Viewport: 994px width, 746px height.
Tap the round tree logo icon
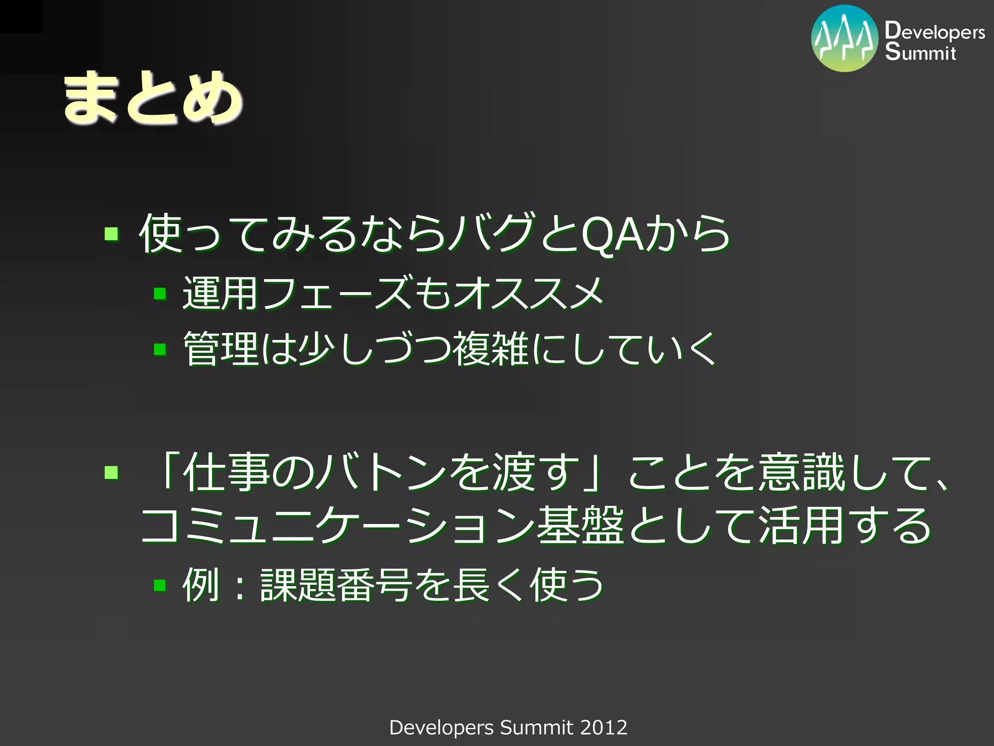click(845, 39)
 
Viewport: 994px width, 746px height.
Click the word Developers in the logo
click(935, 31)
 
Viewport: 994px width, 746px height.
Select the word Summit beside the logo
click(920, 51)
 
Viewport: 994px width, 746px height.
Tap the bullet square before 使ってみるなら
click(112, 234)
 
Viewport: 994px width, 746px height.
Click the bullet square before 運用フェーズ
click(160, 293)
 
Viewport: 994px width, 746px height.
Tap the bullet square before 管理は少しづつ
click(160, 349)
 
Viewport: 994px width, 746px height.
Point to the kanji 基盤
click(580, 526)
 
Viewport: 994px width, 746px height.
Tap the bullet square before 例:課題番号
click(160, 585)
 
